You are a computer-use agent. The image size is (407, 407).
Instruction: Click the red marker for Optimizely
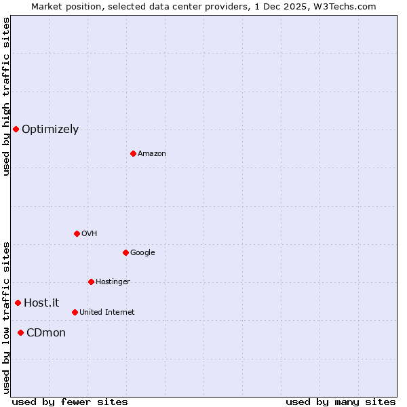click(16, 129)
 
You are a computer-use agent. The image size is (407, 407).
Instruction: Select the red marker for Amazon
click(133, 153)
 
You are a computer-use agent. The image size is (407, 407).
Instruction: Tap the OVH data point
click(77, 233)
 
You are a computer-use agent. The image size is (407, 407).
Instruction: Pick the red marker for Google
click(125, 252)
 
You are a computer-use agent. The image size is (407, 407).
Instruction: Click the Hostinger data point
click(91, 282)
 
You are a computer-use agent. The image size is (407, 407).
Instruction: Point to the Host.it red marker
click(18, 303)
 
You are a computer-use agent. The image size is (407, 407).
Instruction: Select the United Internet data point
click(75, 312)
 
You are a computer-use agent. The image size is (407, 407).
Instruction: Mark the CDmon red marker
click(20, 332)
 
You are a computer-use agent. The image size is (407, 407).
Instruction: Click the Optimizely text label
click(50, 130)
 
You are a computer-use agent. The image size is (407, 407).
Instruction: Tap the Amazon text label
click(152, 154)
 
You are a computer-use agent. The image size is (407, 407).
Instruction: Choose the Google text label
click(142, 253)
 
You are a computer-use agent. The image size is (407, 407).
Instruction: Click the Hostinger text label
click(113, 282)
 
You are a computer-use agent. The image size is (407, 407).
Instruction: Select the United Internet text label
click(106, 313)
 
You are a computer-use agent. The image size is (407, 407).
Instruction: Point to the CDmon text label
click(46, 333)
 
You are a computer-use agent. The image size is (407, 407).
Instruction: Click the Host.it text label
click(41, 303)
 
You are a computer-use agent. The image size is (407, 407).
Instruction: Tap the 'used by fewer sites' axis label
click(70, 402)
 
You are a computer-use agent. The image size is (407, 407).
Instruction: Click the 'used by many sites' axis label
click(341, 402)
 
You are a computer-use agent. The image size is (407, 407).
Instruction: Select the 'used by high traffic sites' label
click(6, 96)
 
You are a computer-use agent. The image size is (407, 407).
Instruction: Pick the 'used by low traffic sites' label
click(6, 317)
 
